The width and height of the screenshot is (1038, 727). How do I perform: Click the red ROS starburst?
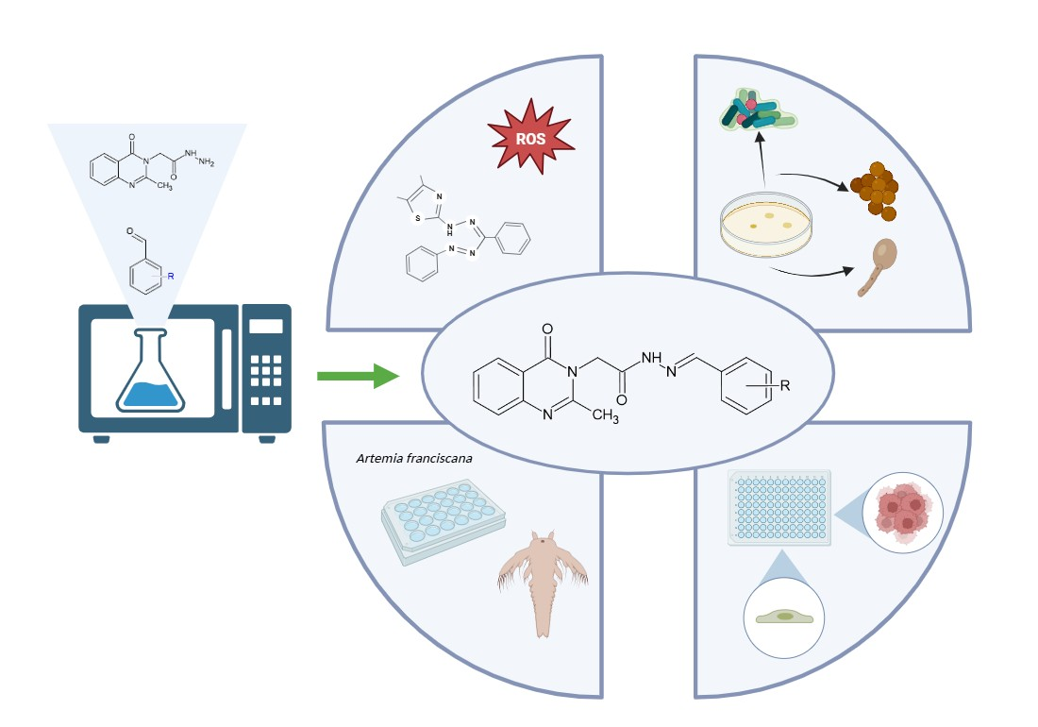pyautogui.click(x=531, y=138)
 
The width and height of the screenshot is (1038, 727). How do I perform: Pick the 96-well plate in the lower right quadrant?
pyautogui.click(x=780, y=508)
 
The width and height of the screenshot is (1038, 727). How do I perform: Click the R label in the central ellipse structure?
pyautogui.click(x=784, y=384)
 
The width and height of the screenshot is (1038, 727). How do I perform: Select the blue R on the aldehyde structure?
pyautogui.click(x=171, y=276)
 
